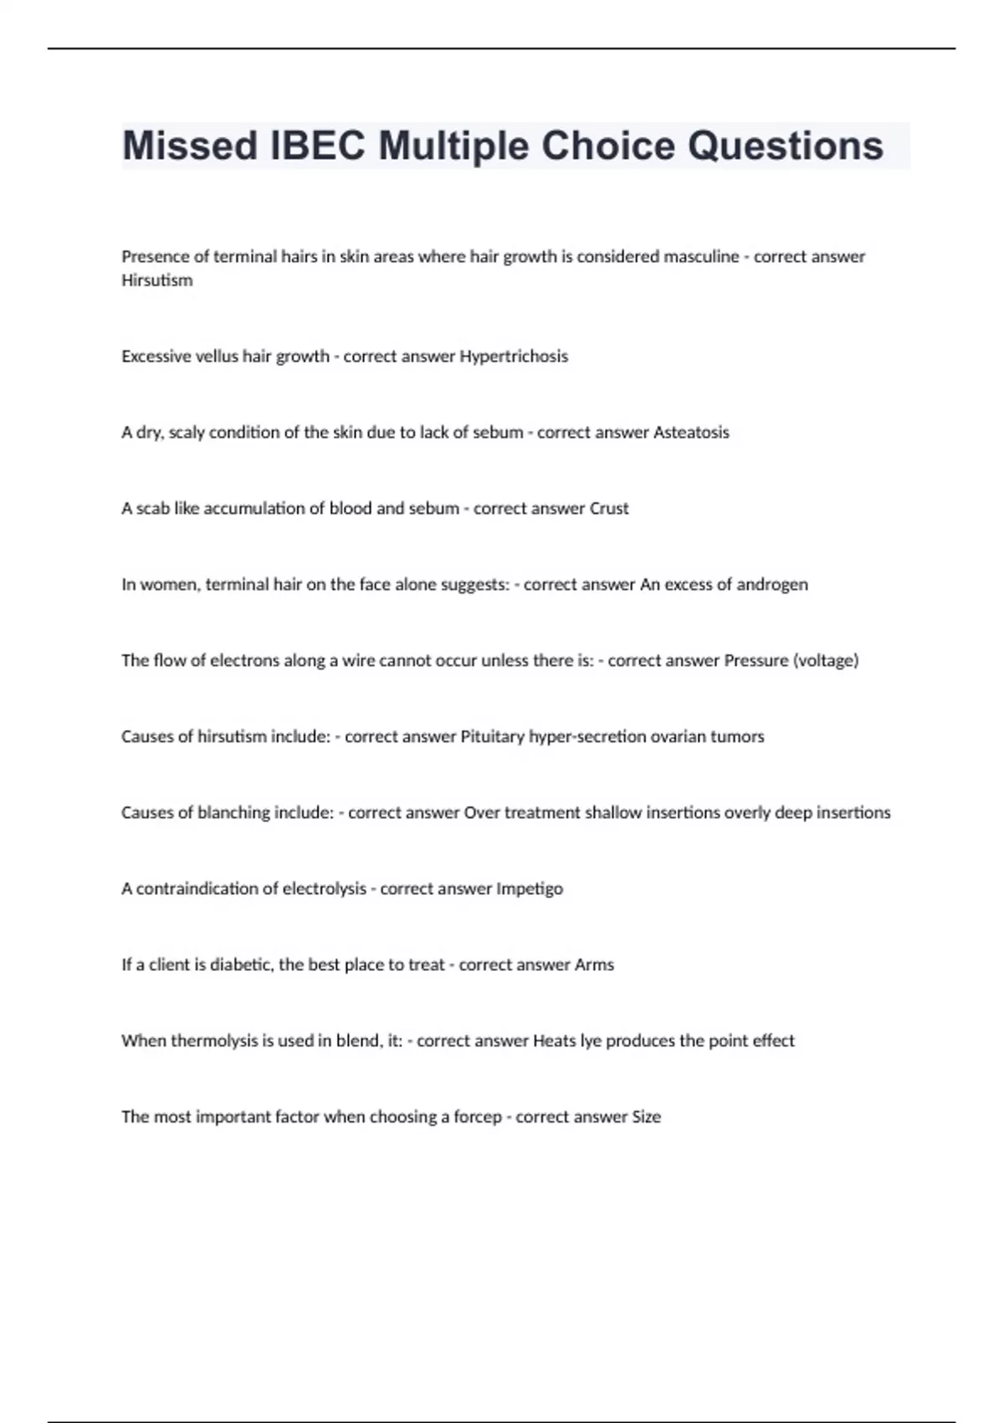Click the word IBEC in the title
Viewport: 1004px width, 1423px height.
pos(318,146)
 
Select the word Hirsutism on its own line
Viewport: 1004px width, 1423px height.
pos(157,280)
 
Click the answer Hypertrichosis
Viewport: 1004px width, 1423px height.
pos(514,357)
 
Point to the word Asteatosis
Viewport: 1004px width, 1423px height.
pos(691,433)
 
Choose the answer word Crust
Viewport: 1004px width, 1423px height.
pos(609,508)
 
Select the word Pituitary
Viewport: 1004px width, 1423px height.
pos(494,737)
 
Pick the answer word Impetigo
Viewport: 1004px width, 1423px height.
pos(530,889)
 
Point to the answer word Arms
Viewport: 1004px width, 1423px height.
pos(594,964)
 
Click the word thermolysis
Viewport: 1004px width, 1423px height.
pos(216,1040)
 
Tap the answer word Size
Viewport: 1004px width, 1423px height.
pos(646,1117)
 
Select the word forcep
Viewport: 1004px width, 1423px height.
pos(478,1117)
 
